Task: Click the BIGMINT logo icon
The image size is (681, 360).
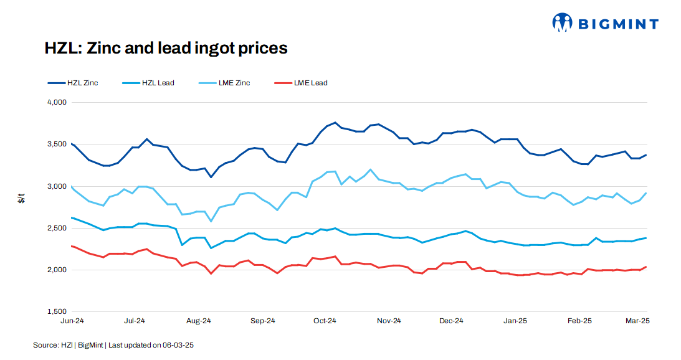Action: point(562,23)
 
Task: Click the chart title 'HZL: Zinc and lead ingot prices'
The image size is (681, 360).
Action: point(166,48)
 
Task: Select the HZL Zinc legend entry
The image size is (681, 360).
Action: point(73,83)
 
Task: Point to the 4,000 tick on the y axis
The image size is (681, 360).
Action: point(56,102)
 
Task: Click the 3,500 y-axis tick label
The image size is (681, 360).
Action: point(56,144)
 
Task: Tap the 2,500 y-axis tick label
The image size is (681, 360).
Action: point(56,228)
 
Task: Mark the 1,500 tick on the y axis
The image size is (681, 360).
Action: point(56,311)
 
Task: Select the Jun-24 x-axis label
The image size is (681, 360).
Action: point(72,321)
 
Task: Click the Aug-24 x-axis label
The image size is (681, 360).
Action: point(199,321)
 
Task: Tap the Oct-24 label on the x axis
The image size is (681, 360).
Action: point(325,321)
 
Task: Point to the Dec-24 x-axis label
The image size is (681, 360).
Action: point(451,321)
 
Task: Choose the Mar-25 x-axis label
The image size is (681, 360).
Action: point(637,321)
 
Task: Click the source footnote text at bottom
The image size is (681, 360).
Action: point(118,344)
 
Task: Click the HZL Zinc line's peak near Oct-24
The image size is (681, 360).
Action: point(335,123)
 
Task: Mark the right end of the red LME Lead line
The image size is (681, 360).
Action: point(645,267)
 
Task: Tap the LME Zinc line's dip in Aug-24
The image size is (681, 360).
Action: point(211,221)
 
